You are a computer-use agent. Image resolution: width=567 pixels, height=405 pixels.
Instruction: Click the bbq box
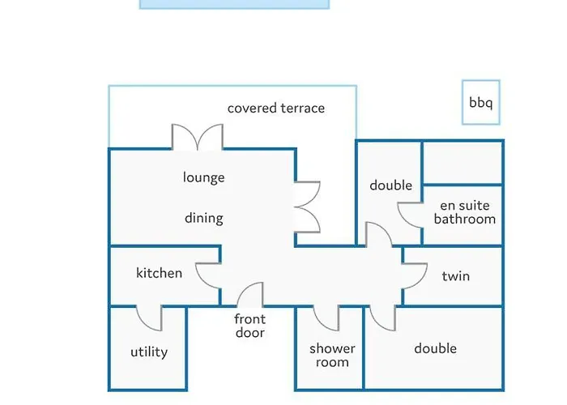(481, 102)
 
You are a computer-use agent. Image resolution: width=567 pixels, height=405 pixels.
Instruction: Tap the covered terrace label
(276, 108)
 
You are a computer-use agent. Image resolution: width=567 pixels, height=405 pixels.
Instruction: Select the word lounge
(203, 177)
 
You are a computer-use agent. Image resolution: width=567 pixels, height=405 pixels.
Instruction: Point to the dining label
(203, 218)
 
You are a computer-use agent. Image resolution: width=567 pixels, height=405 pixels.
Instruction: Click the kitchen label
(159, 273)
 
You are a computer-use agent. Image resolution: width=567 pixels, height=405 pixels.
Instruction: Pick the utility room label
(149, 352)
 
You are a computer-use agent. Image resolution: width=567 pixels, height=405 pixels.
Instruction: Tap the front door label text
(249, 326)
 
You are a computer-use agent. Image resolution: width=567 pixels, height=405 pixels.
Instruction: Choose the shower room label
(332, 355)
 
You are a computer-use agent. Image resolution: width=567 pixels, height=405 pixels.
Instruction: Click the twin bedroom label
(455, 276)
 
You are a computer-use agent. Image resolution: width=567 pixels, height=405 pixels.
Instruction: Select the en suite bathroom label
(465, 212)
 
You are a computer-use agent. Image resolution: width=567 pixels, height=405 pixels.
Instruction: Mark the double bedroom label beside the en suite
(391, 185)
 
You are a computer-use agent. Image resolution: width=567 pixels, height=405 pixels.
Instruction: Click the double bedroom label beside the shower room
(436, 348)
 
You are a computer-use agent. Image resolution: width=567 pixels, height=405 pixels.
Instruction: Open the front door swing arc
(249, 294)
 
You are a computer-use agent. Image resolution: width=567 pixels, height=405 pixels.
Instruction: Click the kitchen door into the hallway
(208, 276)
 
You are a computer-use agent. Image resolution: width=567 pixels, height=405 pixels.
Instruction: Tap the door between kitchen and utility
(149, 318)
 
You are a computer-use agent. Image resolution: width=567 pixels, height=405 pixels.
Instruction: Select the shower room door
(326, 318)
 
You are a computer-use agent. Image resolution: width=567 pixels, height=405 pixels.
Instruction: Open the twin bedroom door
(415, 276)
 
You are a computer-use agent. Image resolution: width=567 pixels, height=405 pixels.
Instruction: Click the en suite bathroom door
(411, 215)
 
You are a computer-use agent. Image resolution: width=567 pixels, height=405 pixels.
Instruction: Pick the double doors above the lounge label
(198, 137)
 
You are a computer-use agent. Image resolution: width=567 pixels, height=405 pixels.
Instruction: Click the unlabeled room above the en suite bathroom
(463, 163)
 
